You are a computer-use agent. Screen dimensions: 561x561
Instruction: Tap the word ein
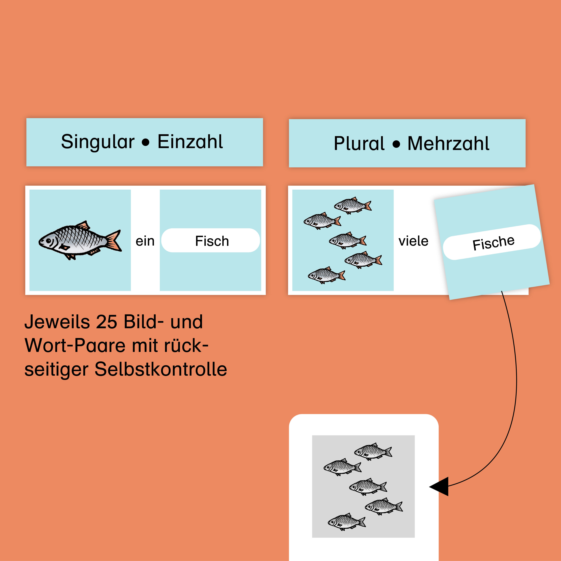click(x=145, y=241)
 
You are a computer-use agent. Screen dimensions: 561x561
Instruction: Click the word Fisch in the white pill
click(x=212, y=241)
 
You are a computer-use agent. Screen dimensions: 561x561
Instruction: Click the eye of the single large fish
click(x=48, y=241)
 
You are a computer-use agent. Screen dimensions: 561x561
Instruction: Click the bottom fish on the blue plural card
click(x=326, y=275)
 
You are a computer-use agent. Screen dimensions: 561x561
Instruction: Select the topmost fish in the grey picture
click(x=373, y=452)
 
